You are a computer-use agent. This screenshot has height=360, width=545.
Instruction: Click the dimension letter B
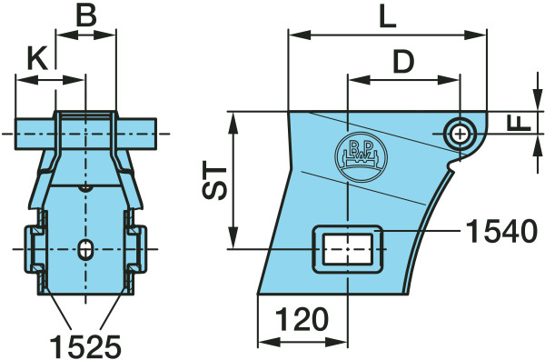[86, 15]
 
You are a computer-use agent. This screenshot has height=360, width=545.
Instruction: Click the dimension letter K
[37, 58]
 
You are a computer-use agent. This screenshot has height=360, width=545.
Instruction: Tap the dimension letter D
[403, 62]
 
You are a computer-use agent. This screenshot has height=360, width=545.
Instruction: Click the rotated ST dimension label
[214, 180]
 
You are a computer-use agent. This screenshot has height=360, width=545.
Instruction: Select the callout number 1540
[501, 231]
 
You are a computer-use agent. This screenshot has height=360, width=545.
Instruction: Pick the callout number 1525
[85, 346]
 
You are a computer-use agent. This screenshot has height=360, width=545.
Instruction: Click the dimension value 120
[302, 319]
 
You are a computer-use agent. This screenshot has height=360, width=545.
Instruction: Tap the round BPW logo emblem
[361, 156]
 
